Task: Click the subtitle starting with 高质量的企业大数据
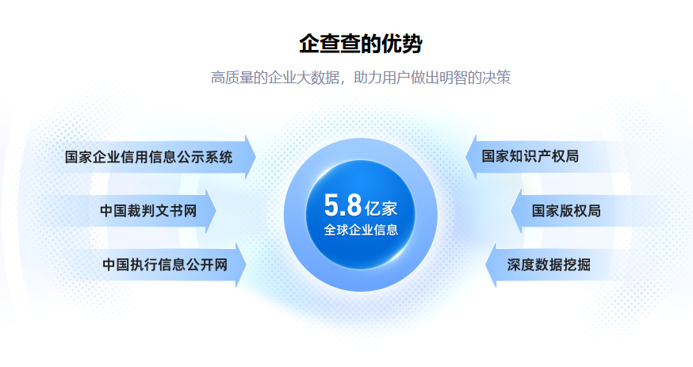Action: pos(360,78)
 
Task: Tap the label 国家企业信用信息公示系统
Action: pos(148,157)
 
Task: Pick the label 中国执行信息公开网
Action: pos(164,265)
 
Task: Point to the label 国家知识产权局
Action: pos(530,156)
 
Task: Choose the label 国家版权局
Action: pos(566,211)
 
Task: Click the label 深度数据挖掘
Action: pos(548,265)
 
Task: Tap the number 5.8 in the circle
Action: pos(343,205)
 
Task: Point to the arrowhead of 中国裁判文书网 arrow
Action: pos(211,211)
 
